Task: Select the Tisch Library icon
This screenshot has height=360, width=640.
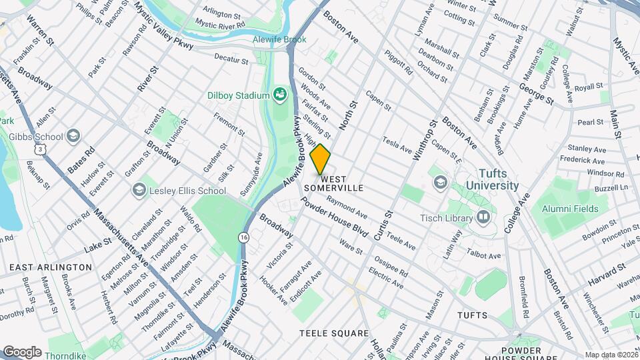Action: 483,217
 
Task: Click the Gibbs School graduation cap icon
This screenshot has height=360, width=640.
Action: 73,137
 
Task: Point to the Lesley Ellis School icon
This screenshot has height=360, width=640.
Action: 139,190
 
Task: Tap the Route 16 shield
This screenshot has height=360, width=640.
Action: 243,237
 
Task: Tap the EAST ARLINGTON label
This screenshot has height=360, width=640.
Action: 51,267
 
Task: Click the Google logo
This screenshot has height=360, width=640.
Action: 22,351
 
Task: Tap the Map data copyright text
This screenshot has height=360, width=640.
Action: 611,355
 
